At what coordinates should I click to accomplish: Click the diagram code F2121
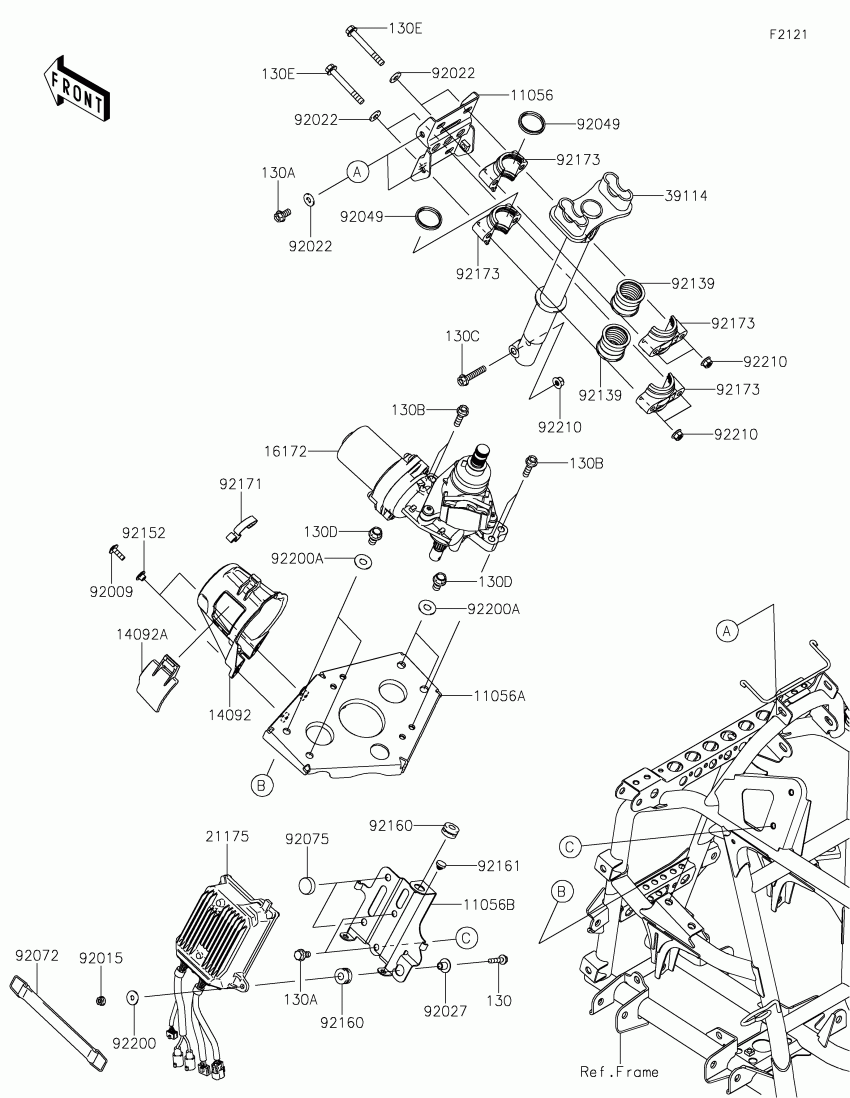(788, 34)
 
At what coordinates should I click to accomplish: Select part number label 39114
(685, 196)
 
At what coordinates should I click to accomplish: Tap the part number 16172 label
(285, 451)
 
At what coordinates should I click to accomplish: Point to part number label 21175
(227, 836)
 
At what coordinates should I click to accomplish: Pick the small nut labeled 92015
(100, 1000)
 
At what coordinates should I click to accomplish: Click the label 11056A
(499, 696)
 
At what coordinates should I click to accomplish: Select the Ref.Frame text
(619, 1072)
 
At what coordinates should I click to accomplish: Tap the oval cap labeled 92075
(306, 885)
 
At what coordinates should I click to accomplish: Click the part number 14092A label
(142, 635)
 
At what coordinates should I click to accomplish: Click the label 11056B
(489, 905)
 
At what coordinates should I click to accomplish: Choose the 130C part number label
(462, 336)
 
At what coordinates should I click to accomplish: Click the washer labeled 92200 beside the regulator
(132, 996)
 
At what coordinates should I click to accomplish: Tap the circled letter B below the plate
(262, 785)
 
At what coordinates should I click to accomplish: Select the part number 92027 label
(445, 1011)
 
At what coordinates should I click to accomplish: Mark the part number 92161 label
(498, 865)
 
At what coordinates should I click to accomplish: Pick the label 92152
(144, 533)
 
